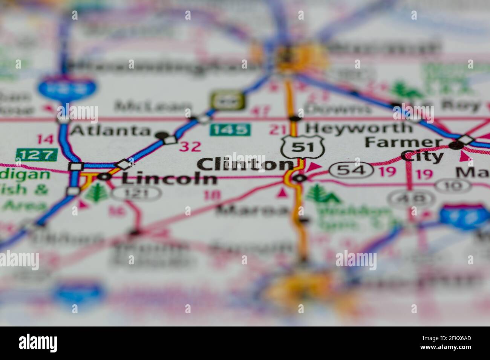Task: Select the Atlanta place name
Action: pyautogui.click(x=110, y=131)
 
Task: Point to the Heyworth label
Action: pyautogui.click(x=358, y=128)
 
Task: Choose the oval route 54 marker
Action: pyautogui.click(x=348, y=170)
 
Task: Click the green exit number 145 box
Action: pyautogui.click(x=230, y=130)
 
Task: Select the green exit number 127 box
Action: pyautogui.click(x=37, y=154)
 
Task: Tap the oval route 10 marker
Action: pyautogui.click(x=452, y=185)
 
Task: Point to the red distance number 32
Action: pyautogui.click(x=190, y=146)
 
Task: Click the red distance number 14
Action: pyautogui.click(x=45, y=139)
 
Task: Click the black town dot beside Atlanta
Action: pyautogui.click(x=162, y=134)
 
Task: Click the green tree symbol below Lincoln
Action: pyautogui.click(x=92, y=193)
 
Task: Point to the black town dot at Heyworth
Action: pyautogui.click(x=295, y=119)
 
